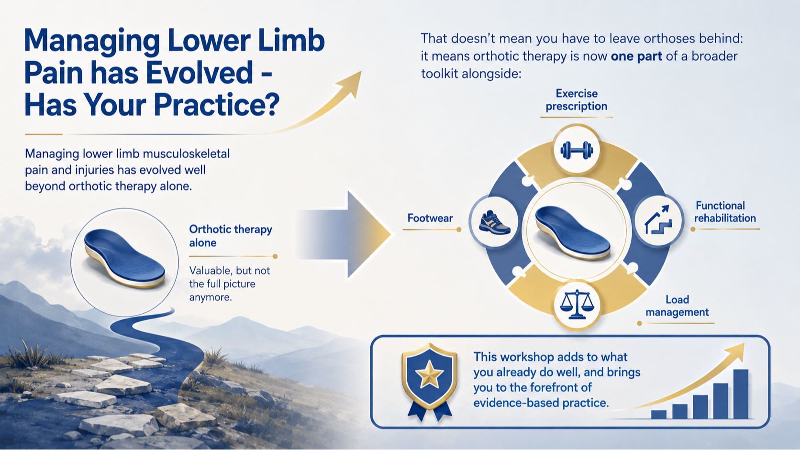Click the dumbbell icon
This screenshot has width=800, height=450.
click(x=577, y=150)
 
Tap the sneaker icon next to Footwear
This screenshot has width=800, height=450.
click(x=495, y=222)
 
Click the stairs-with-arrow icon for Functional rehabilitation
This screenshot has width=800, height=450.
click(x=658, y=219)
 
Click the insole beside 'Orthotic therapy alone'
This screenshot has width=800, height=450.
click(x=124, y=258)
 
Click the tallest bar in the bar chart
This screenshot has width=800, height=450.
click(x=741, y=394)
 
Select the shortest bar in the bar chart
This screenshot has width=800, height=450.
click(x=658, y=414)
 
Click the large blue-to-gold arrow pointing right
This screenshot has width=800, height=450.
click(x=344, y=234)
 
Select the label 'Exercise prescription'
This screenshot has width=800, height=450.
click(x=577, y=100)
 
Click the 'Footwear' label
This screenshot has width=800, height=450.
click(x=430, y=218)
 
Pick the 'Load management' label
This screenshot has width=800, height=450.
click(x=677, y=306)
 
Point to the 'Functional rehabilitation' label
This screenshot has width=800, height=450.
click(x=725, y=212)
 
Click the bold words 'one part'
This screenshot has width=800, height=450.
click(x=636, y=56)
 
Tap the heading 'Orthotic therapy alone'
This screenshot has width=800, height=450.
click(x=230, y=236)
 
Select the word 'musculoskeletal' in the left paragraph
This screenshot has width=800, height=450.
click(x=186, y=154)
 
